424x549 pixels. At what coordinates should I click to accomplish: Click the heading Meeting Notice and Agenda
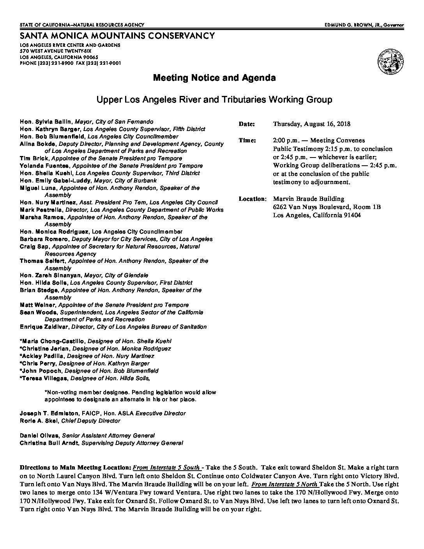[214, 78]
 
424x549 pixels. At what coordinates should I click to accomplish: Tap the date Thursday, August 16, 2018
[311, 124]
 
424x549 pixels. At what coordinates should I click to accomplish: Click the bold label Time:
[247, 140]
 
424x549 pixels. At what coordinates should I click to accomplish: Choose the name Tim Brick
[34, 158]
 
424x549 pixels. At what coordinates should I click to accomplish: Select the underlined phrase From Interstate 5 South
[167, 468]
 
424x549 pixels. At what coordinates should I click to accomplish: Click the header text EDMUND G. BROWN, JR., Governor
[364, 25]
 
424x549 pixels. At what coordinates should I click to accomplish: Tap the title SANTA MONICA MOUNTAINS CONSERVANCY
[117, 36]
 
